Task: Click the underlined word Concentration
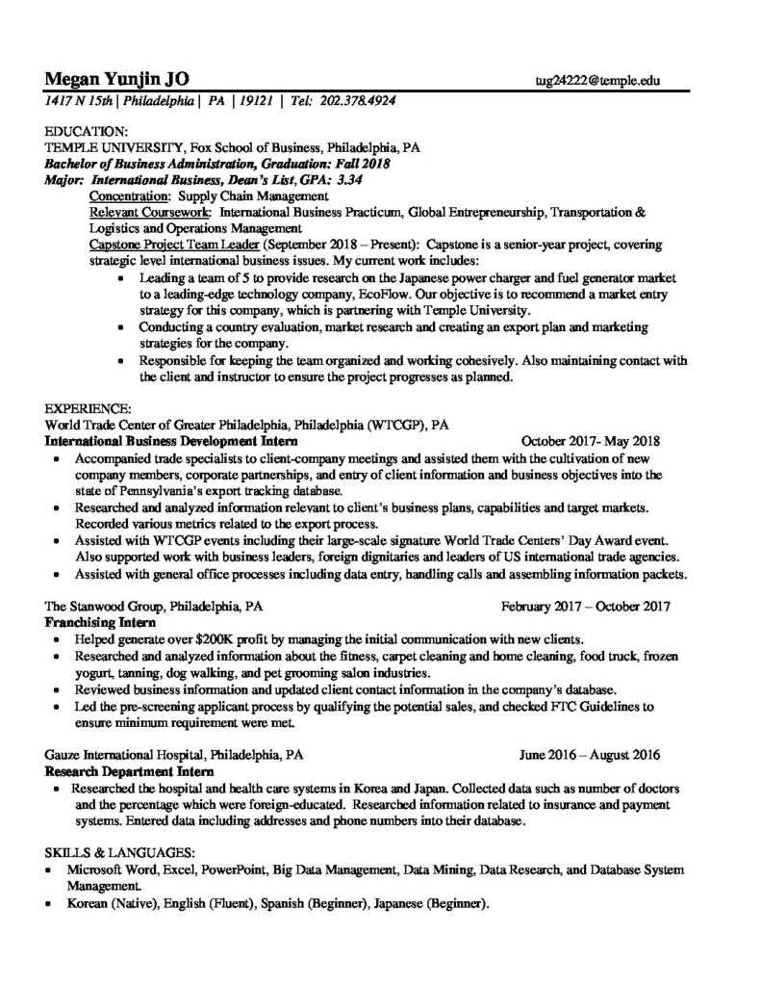coord(128,195)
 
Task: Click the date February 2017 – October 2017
coord(585,608)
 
